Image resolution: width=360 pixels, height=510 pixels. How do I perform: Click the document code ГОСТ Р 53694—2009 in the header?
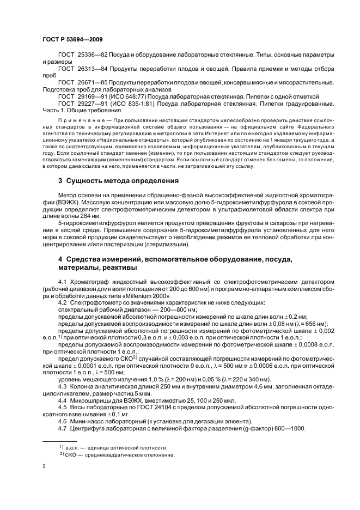click(x=72, y=40)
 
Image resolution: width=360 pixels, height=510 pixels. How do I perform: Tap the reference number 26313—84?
click(x=91, y=70)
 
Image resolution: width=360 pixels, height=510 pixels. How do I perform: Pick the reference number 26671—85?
click(x=91, y=83)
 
